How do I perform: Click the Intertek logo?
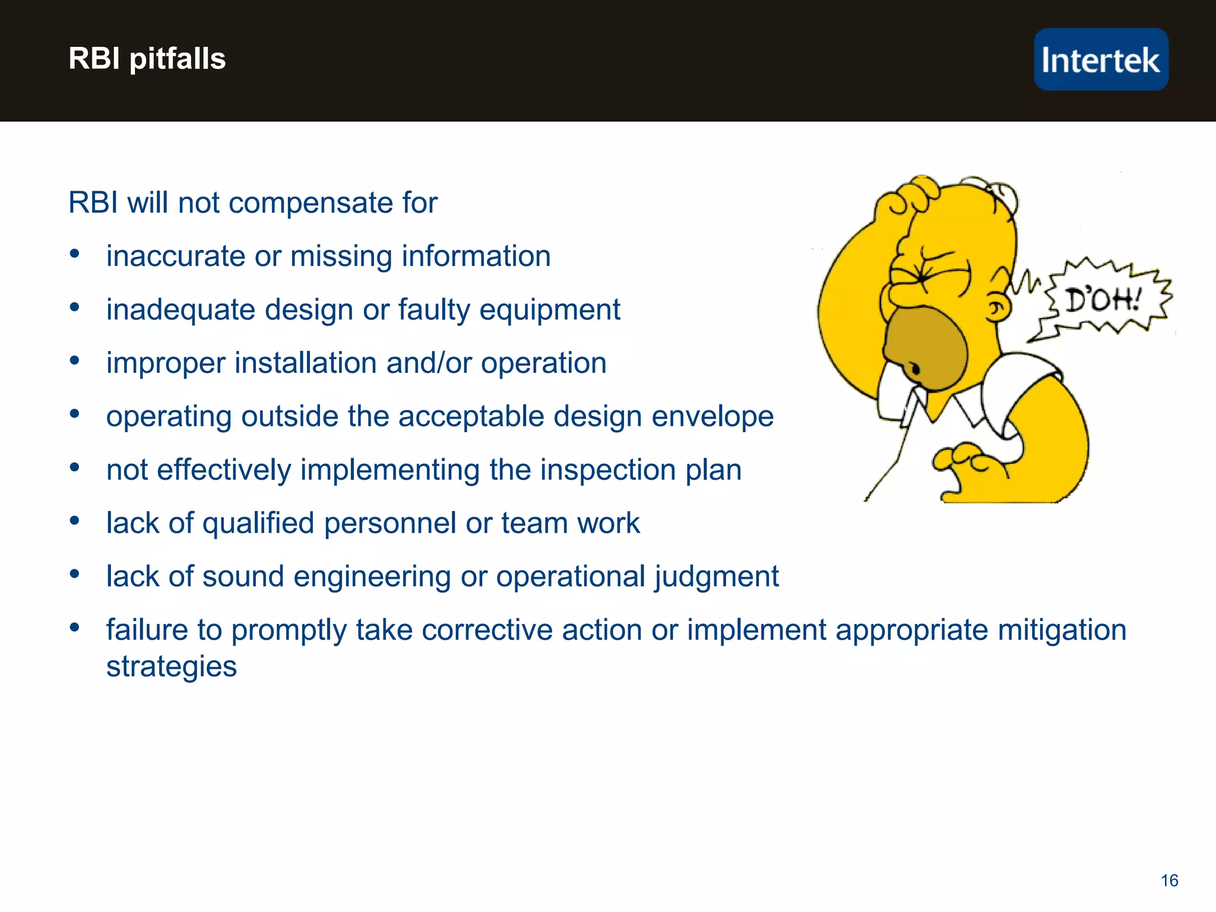(1101, 59)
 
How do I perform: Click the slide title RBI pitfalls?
(147, 59)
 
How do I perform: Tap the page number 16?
(1169, 880)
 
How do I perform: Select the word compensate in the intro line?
(311, 203)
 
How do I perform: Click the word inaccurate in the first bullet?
(176, 256)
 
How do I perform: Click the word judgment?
(717, 577)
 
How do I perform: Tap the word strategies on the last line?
(171, 666)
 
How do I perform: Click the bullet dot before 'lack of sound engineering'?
(74, 574)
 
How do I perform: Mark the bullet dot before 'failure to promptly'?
(74, 628)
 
